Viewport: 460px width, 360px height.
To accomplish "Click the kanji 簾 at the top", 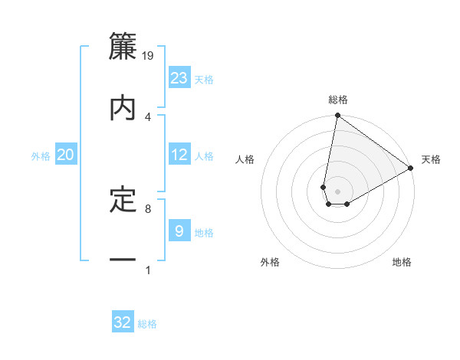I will [x=123, y=45].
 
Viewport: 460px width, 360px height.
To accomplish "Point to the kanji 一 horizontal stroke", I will [x=123, y=261].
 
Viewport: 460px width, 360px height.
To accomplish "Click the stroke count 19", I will [x=148, y=55].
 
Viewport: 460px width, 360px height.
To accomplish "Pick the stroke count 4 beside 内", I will [x=147, y=116].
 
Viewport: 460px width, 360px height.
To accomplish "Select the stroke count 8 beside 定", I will [x=147, y=208].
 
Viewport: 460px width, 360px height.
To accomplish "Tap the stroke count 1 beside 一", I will [x=147, y=270].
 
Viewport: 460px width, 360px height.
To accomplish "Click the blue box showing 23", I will [x=179, y=78].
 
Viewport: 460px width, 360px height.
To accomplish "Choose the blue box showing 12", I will [x=179, y=155].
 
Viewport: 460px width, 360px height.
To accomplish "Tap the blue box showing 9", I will [x=179, y=231].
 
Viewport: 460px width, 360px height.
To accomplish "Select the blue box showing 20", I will [x=66, y=155].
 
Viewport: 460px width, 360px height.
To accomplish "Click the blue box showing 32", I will [x=123, y=322].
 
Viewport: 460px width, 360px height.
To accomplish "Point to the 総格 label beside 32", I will [x=147, y=324].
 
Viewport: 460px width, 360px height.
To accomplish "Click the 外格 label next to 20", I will [x=41, y=156].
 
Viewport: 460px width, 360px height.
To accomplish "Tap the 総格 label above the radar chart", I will [x=338, y=100].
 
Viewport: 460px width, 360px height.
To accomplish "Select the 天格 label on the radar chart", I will [x=431, y=159].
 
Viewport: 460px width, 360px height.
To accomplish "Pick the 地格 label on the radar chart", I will [x=402, y=263].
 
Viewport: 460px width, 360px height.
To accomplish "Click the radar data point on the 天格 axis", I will [x=411, y=169].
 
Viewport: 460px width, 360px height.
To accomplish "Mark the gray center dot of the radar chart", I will [x=338, y=191].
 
